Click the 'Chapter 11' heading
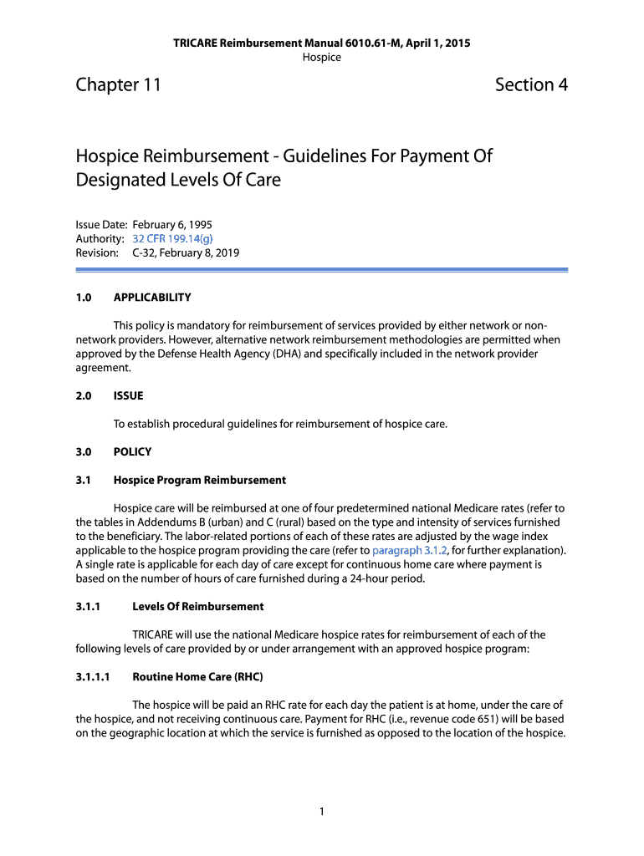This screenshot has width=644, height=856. coord(118,84)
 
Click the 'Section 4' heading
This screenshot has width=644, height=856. coord(531,84)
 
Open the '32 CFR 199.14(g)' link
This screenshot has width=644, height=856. coord(166,239)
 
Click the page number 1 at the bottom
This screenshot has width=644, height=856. coord(322,811)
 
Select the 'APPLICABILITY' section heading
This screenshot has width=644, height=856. coord(152,297)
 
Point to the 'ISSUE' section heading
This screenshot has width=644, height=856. coord(128,395)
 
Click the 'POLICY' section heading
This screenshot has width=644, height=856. coord(132,451)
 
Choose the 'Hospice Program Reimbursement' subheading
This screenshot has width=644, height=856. coord(199,480)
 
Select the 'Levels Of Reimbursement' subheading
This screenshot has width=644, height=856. coord(197,606)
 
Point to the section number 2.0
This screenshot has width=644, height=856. coord(83,395)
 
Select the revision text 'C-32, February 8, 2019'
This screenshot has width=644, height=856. coord(186,252)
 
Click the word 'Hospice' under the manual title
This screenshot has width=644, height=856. coord(321,57)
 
